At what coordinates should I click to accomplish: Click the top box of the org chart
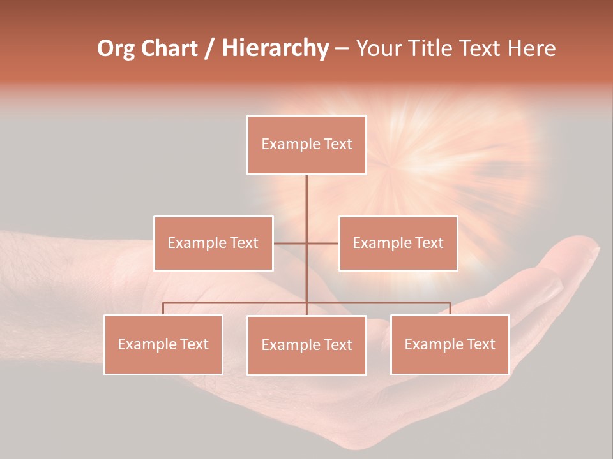click(x=306, y=145)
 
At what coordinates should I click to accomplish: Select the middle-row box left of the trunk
click(x=213, y=243)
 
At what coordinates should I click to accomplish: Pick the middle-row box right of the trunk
click(x=398, y=243)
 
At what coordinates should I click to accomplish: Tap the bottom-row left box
click(x=163, y=344)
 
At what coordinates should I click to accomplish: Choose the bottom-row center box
click(x=306, y=345)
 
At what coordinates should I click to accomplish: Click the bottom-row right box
click(x=450, y=344)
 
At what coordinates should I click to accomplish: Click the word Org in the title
click(x=116, y=48)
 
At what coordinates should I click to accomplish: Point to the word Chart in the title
click(x=169, y=48)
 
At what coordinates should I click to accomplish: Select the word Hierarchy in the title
click(x=275, y=48)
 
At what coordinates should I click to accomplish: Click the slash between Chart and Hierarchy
click(x=209, y=49)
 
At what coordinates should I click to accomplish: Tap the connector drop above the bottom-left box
click(x=163, y=309)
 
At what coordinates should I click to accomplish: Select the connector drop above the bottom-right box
click(x=450, y=309)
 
